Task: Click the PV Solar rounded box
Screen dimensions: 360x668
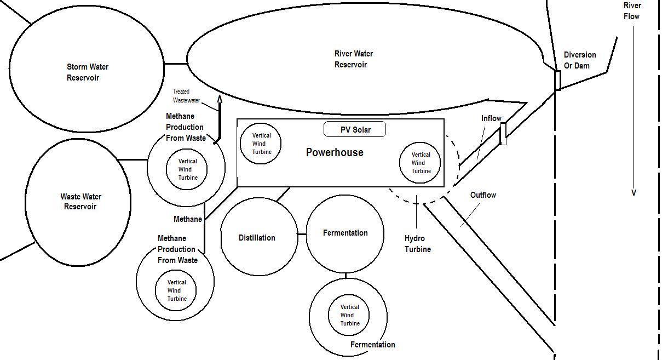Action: [x=355, y=129]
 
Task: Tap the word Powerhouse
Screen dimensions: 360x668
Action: [x=335, y=152]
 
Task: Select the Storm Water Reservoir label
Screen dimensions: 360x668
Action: [x=88, y=72]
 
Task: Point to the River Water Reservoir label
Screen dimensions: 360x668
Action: [x=354, y=59]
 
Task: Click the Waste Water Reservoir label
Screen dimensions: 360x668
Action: [x=80, y=202]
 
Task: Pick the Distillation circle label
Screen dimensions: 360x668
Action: [x=257, y=238]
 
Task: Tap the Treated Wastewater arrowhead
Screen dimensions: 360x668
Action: [x=220, y=99]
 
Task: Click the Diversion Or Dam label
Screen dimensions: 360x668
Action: [x=580, y=60]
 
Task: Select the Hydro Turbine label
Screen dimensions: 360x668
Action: [x=418, y=244]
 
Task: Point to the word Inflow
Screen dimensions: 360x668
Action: [x=491, y=118]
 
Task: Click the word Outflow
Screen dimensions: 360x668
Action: [x=483, y=195]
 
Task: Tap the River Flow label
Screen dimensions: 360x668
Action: [x=632, y=11]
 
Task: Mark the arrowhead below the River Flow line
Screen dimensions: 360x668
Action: [x=634, y=193]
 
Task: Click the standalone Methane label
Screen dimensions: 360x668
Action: [x=188, y=219]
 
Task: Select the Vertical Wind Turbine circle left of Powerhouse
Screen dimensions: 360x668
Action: [x=261, y=144]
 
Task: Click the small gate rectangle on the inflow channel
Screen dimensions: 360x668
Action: [x=503, y=134]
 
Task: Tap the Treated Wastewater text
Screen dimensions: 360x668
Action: [x=186, y=96]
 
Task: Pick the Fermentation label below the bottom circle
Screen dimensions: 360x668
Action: [x=372, y=345]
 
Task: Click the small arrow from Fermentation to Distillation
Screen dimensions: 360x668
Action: [x=300, y=234]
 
